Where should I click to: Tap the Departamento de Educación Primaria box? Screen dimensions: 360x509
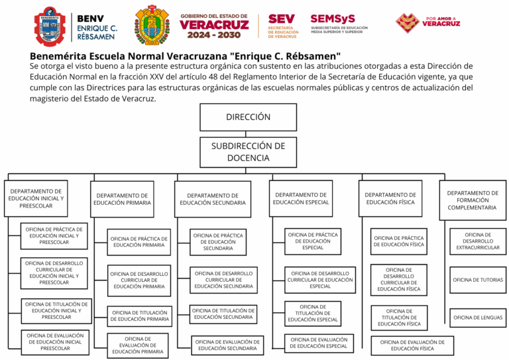tap(122, 199)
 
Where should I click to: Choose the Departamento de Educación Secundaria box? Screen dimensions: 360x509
tap(213, 199)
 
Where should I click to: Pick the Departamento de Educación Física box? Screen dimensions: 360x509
tap(390, 198)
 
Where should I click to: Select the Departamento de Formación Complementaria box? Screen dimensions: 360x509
tap(472, 200)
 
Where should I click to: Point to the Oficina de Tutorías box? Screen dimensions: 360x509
tap(478, 280)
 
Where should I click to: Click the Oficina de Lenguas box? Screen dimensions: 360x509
tap(478, 318)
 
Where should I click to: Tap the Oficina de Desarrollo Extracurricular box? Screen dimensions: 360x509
tap(478, 241)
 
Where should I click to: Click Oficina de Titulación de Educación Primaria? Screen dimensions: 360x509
tap(140, 316)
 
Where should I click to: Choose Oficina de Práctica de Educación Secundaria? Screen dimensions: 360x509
tap(218, 242)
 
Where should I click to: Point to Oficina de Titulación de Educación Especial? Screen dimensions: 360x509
tap(313, 314)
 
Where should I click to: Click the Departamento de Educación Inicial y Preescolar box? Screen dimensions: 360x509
tap(36, 198)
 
